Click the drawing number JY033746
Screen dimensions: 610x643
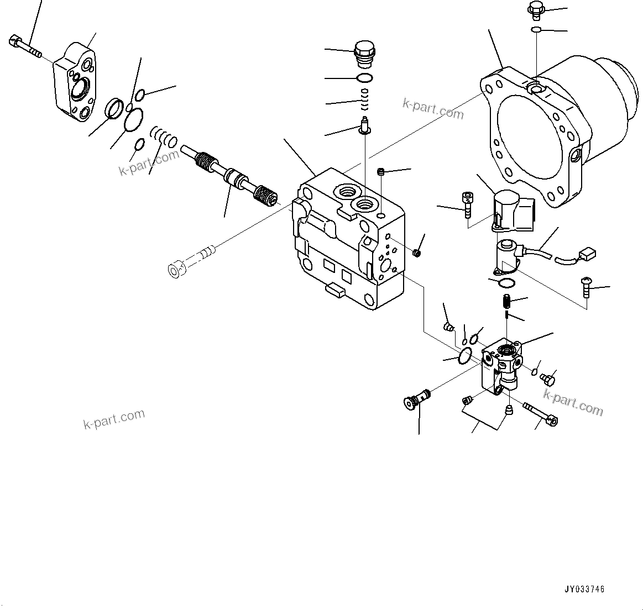(584, 589)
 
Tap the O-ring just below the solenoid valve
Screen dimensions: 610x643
(506, 283)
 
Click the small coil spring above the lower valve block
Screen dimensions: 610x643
(506, 302)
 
